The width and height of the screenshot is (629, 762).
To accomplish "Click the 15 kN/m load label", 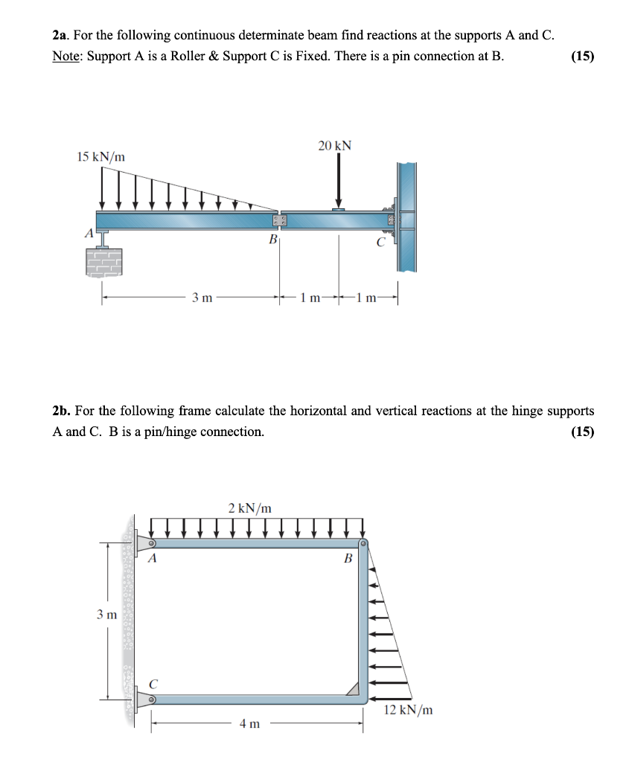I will click(101, 156).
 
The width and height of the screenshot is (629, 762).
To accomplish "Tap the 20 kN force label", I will click(334, 146).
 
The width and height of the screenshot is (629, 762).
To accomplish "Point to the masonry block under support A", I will click(103, 261).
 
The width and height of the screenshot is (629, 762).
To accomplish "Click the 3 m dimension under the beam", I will click(202, 298).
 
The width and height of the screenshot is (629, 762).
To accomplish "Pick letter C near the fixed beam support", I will click(380, 241).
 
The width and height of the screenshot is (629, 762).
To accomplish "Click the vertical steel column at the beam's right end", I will click(406, 216).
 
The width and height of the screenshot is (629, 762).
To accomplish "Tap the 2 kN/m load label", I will click(249, 508).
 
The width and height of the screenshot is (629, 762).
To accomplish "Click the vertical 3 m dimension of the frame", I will click(106, 615).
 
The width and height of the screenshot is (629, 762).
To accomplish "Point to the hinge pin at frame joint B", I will click(363, 545).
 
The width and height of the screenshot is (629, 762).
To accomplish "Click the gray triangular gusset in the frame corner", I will click(351, 688).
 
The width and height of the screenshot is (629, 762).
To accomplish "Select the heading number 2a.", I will click(60, 36).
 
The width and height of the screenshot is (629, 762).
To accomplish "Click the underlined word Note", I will click(67, 57).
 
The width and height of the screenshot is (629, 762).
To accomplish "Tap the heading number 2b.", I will click(61, 411).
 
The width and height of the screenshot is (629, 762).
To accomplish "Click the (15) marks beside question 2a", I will click(581, 57).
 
